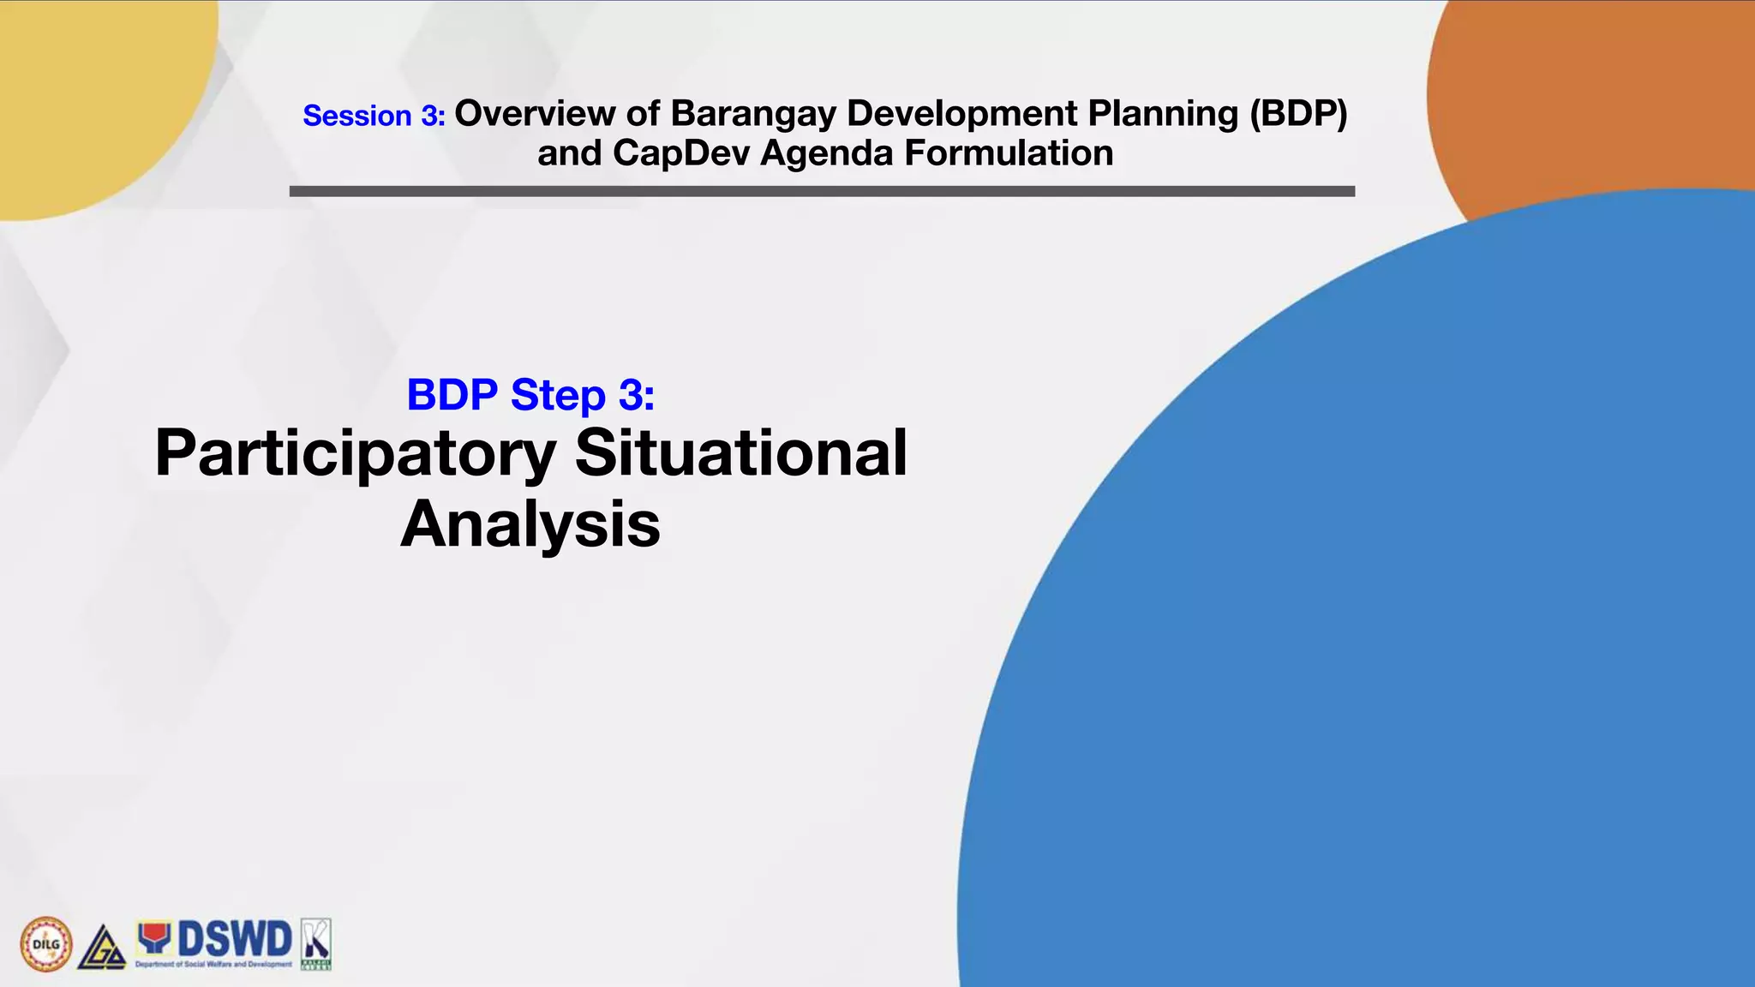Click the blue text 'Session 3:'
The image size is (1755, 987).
(374, 116)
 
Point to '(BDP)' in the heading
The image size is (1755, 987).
(1297, 113)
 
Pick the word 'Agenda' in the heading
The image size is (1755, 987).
(826, 153)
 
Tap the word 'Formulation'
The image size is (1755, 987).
(1009, 153)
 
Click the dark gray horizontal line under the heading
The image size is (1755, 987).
(822, 191)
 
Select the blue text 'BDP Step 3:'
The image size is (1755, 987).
(530, 395)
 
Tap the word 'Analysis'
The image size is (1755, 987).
(530, 523)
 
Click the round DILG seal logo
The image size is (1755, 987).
(46, 944)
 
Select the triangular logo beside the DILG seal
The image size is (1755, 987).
(102, 948)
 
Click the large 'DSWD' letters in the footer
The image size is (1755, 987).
(235, 940)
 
